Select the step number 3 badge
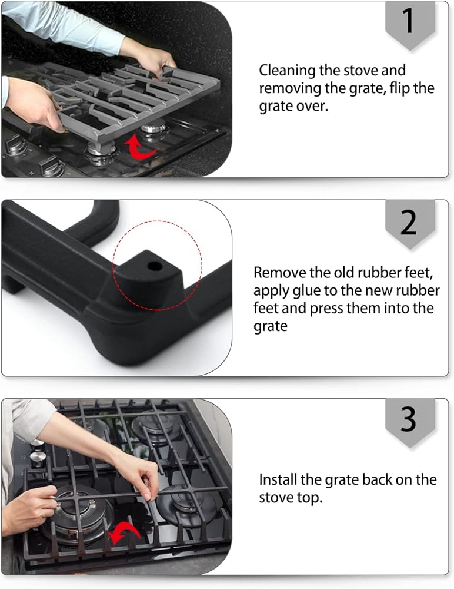click(x=410, y=422)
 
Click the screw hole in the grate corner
click(x=155, y=266)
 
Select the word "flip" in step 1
click(x=400, y=88)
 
